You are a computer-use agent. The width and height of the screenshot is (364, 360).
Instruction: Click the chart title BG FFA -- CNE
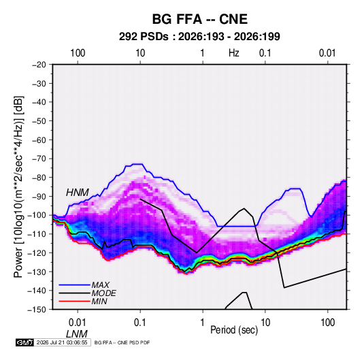[199, 19]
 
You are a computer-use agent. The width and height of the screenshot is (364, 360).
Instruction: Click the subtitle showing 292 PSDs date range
[199, 37]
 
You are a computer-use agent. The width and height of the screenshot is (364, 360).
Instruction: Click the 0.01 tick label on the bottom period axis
[78, 323]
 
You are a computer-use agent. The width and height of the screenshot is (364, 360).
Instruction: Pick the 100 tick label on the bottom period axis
[328, 323]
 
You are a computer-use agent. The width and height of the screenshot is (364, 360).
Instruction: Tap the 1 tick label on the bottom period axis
[203, 323]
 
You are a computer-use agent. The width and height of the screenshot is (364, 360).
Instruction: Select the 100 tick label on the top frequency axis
[78, 53]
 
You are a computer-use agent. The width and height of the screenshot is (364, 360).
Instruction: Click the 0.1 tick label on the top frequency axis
[265, 53]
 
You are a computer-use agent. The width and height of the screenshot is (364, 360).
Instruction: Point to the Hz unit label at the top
[234, 53]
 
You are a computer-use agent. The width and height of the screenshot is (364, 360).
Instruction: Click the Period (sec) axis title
[234, 330]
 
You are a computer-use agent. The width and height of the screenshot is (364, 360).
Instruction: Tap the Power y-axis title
[18, 186]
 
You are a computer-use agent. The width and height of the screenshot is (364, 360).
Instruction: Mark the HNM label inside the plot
[78, 193]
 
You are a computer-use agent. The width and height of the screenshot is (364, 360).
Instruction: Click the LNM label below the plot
[77, 334]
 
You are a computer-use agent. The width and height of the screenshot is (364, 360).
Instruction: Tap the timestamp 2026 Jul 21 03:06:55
[62, 342]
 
